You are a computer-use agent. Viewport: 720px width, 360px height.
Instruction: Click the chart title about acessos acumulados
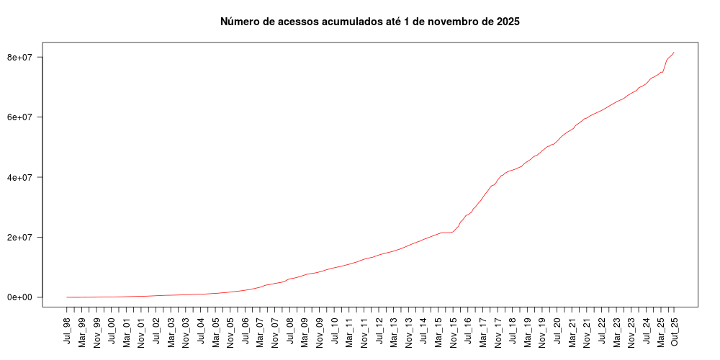[x=369, y=22]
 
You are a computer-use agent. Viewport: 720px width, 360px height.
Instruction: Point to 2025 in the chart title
[x=506, y=22]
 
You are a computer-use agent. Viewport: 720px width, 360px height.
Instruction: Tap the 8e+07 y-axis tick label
[x=23, y=57]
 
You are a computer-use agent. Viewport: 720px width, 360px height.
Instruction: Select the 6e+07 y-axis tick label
[x=23, y=117]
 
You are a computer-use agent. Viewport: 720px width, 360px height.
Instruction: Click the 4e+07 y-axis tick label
[x=23, y=177]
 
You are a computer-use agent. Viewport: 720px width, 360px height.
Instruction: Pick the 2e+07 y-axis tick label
[x=23, y=237]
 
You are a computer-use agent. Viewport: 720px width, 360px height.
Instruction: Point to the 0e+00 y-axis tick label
[x=23, y=297]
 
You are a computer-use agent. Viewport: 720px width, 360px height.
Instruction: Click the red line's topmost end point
[x=674, y=52]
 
